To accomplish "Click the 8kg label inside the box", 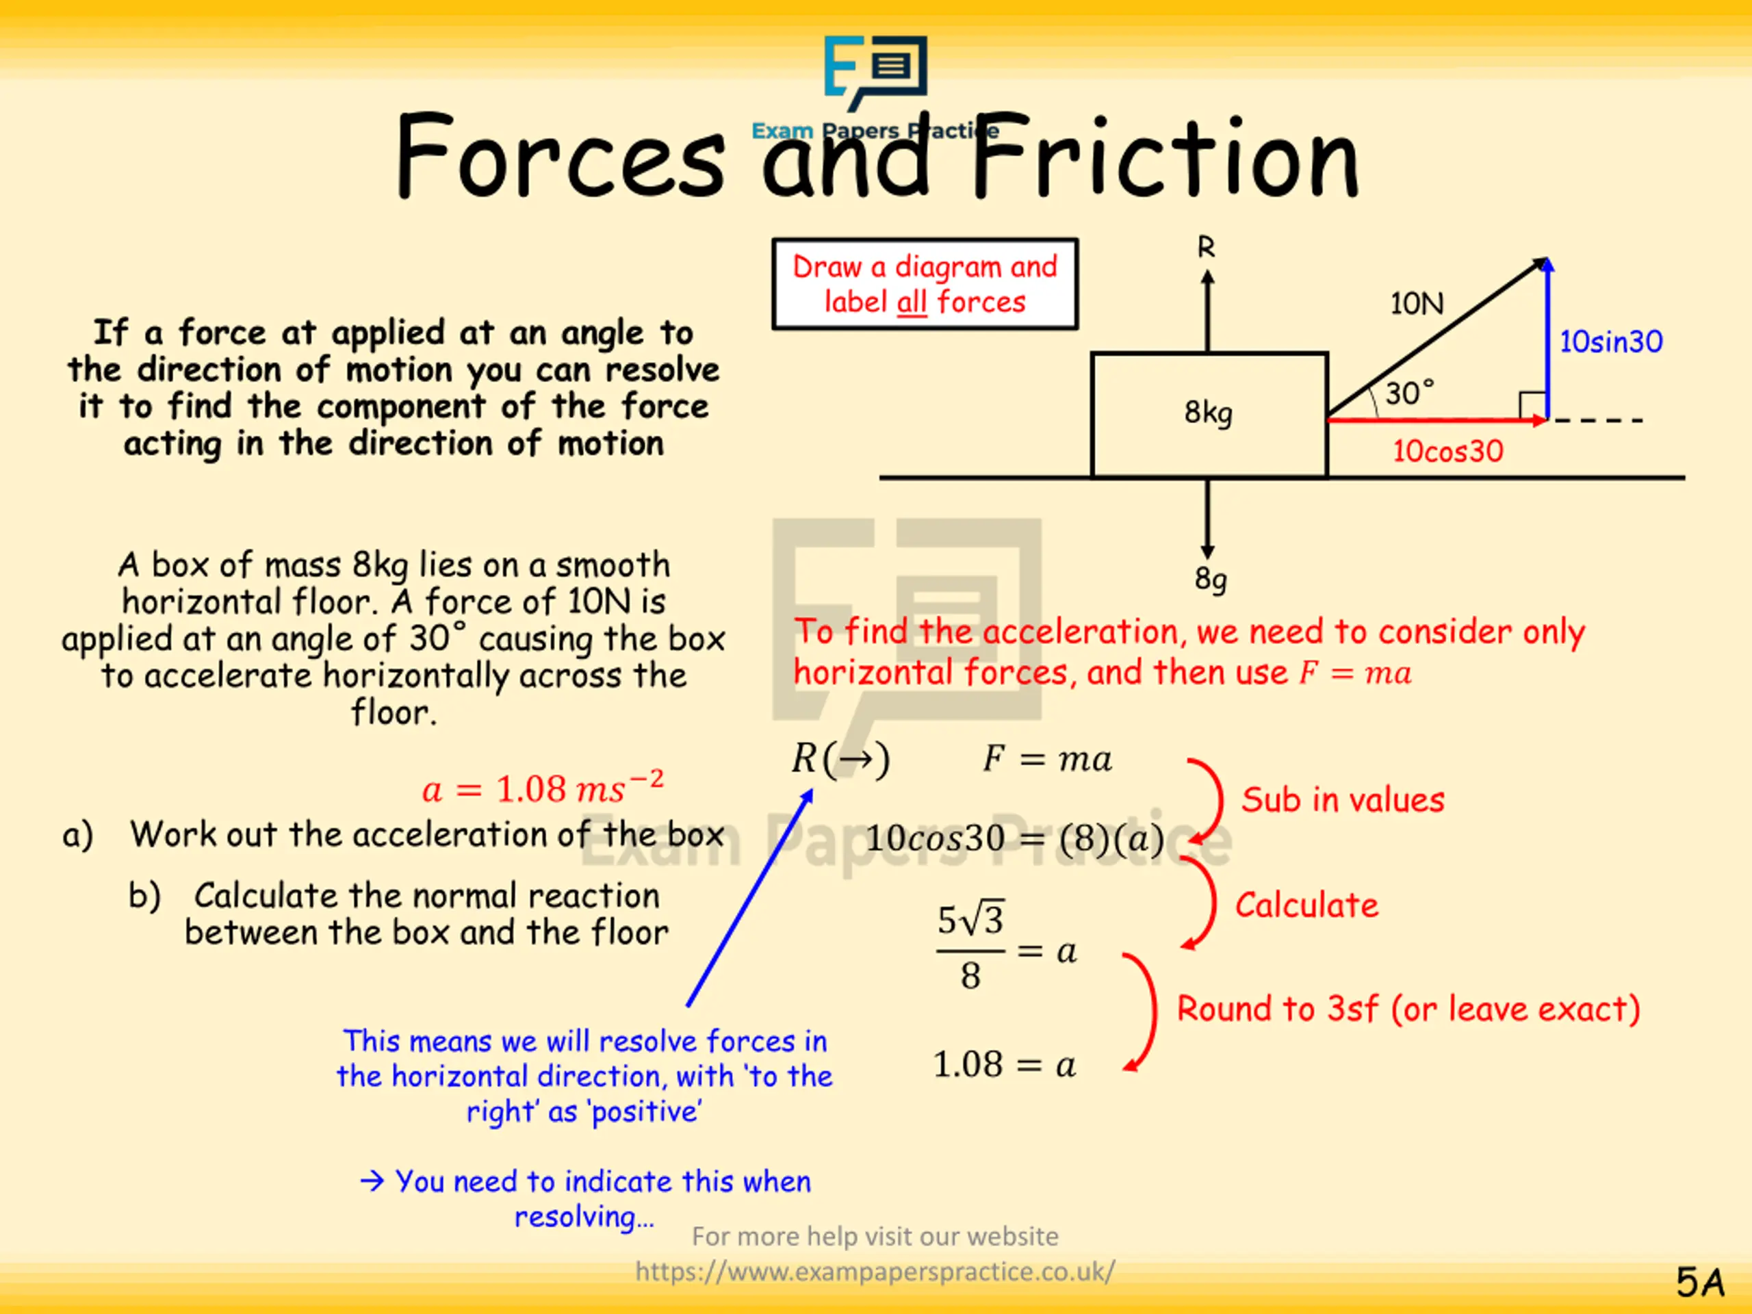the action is [1208, 413].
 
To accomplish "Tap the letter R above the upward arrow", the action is [1205, 248].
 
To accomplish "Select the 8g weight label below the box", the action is [1210, 579].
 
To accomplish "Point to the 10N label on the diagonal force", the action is [1416, 303].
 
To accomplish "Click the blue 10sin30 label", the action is [1610, 342].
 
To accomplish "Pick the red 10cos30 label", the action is [1447, 451].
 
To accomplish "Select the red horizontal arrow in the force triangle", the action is [1434, 420].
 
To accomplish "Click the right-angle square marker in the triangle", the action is [1532, 406].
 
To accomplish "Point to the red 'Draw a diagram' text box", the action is [925, 283].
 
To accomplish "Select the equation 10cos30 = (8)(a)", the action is [1014, 838].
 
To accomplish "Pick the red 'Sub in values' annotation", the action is [1343, 799].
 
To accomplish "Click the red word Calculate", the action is [1306, 905].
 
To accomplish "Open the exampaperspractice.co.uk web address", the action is [875, 1272].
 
